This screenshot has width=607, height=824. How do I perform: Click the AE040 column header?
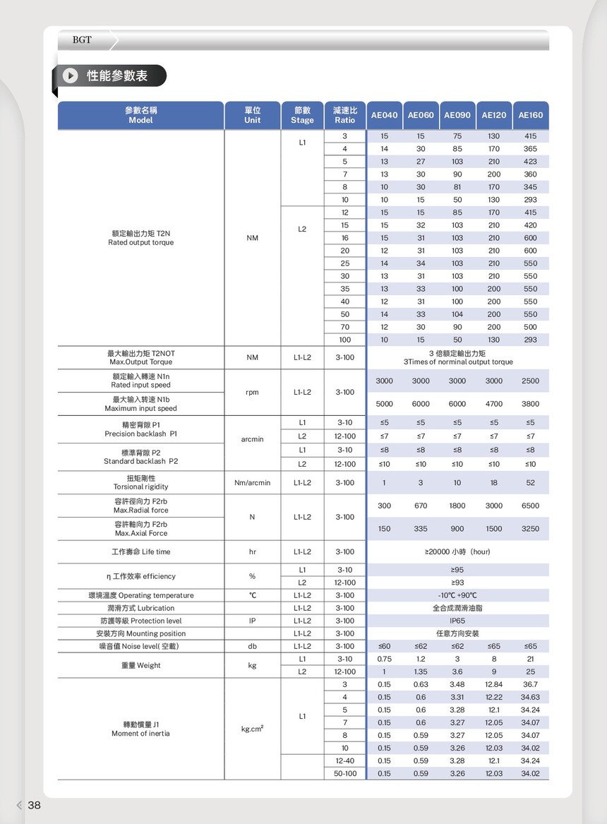coord(384,115)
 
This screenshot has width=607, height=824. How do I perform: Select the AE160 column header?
coord(530,115)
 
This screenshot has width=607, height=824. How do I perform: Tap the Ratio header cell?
coord(344,115)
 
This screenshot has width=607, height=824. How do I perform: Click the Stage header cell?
coord(302,115)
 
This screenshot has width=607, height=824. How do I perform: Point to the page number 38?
coord(34,805)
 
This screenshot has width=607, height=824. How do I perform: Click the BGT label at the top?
coord(82,40)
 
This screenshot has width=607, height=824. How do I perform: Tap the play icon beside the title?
coord(70,76)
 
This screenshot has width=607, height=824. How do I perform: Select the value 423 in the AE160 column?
coord(530,162)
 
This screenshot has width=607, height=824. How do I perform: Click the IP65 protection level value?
coord(457,621)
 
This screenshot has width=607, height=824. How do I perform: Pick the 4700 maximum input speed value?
coord(494,404)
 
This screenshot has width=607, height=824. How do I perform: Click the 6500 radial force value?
coord(530,506)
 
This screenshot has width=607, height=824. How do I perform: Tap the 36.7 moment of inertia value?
coord(530,684)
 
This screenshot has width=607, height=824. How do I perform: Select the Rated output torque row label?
coord(140,238)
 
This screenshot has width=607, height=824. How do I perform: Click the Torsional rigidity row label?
coord(140,482)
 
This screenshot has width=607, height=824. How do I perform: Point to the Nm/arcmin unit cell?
coord(252,483)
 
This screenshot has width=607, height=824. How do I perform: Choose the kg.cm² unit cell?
coord(252,729)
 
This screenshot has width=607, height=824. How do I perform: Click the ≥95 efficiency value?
coord(457,570)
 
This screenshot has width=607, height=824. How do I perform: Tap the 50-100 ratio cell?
coord(344,773)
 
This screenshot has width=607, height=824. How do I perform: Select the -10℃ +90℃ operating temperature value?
coord(457,595)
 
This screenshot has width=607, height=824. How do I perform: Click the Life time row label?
coord(140,551)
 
